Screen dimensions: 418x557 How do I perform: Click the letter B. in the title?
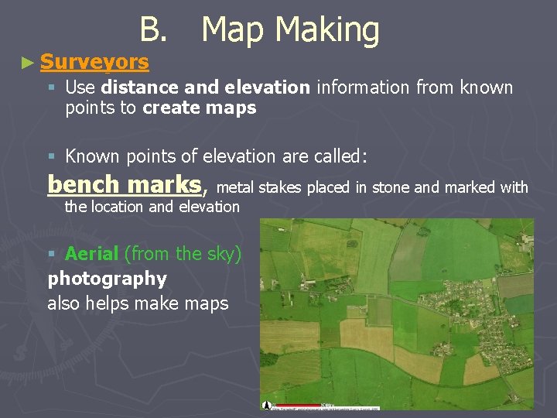(152, 30)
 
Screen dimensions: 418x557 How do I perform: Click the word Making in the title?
(326, 30)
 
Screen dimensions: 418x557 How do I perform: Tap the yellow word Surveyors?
(94, 61)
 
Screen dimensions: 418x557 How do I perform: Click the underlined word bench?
(83, 185)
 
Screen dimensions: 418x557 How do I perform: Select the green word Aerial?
(92, 253)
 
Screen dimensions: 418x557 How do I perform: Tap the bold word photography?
(107, 278)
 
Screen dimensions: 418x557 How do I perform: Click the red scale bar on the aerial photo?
(299, 405)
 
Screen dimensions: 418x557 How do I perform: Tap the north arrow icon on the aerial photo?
(268, 405)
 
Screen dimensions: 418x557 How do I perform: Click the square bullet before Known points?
(52, 156)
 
